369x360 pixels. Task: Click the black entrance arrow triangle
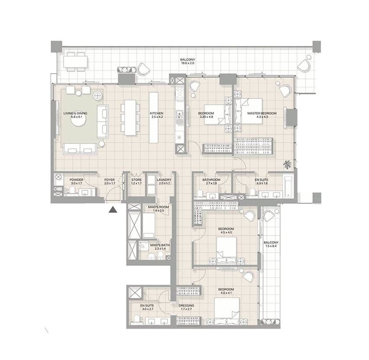(113, 210)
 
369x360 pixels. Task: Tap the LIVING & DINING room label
(75, 113)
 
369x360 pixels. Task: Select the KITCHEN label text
(156, 113)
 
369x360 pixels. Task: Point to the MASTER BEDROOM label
(262, 113)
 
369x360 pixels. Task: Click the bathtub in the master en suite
(288, 186)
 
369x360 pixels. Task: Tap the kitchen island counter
(153, 117)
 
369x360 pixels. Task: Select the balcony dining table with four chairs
(75, 62)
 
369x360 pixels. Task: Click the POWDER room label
(77, 180)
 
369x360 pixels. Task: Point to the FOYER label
(110, 180)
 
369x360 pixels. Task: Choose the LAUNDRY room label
(164, 180)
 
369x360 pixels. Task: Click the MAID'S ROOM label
(159, 207)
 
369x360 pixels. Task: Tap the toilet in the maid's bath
(161, 255)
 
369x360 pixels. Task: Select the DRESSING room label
(186, 305)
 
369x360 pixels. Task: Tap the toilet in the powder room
(72, 191)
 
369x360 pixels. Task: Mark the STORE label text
(136, 180)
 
